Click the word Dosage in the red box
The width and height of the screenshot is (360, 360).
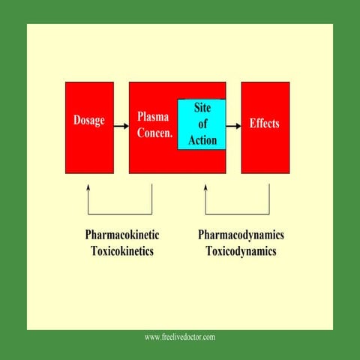pos(88,121)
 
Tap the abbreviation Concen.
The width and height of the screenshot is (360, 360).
pos(155,133)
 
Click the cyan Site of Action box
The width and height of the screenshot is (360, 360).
pos(202,124)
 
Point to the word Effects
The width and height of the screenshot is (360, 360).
pos(264,123)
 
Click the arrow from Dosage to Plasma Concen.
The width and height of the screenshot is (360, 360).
pos(121,126)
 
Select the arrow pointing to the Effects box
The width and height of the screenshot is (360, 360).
pos(233,126)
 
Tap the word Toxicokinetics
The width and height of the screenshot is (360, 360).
pos(122,251)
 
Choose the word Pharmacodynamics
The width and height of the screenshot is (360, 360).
pos(241,235)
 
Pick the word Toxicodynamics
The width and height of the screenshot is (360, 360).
pos(241,251)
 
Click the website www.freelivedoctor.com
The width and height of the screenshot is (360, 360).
pos(180,337)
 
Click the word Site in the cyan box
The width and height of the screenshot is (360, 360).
pos(202,109)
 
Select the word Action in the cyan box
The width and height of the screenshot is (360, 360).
pos(202,140)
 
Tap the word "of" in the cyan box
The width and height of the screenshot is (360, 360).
pos(202,124)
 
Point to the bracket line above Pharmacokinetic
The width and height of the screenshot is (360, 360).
pos(120,214)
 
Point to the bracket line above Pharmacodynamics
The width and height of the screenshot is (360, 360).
pos(237,214)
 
